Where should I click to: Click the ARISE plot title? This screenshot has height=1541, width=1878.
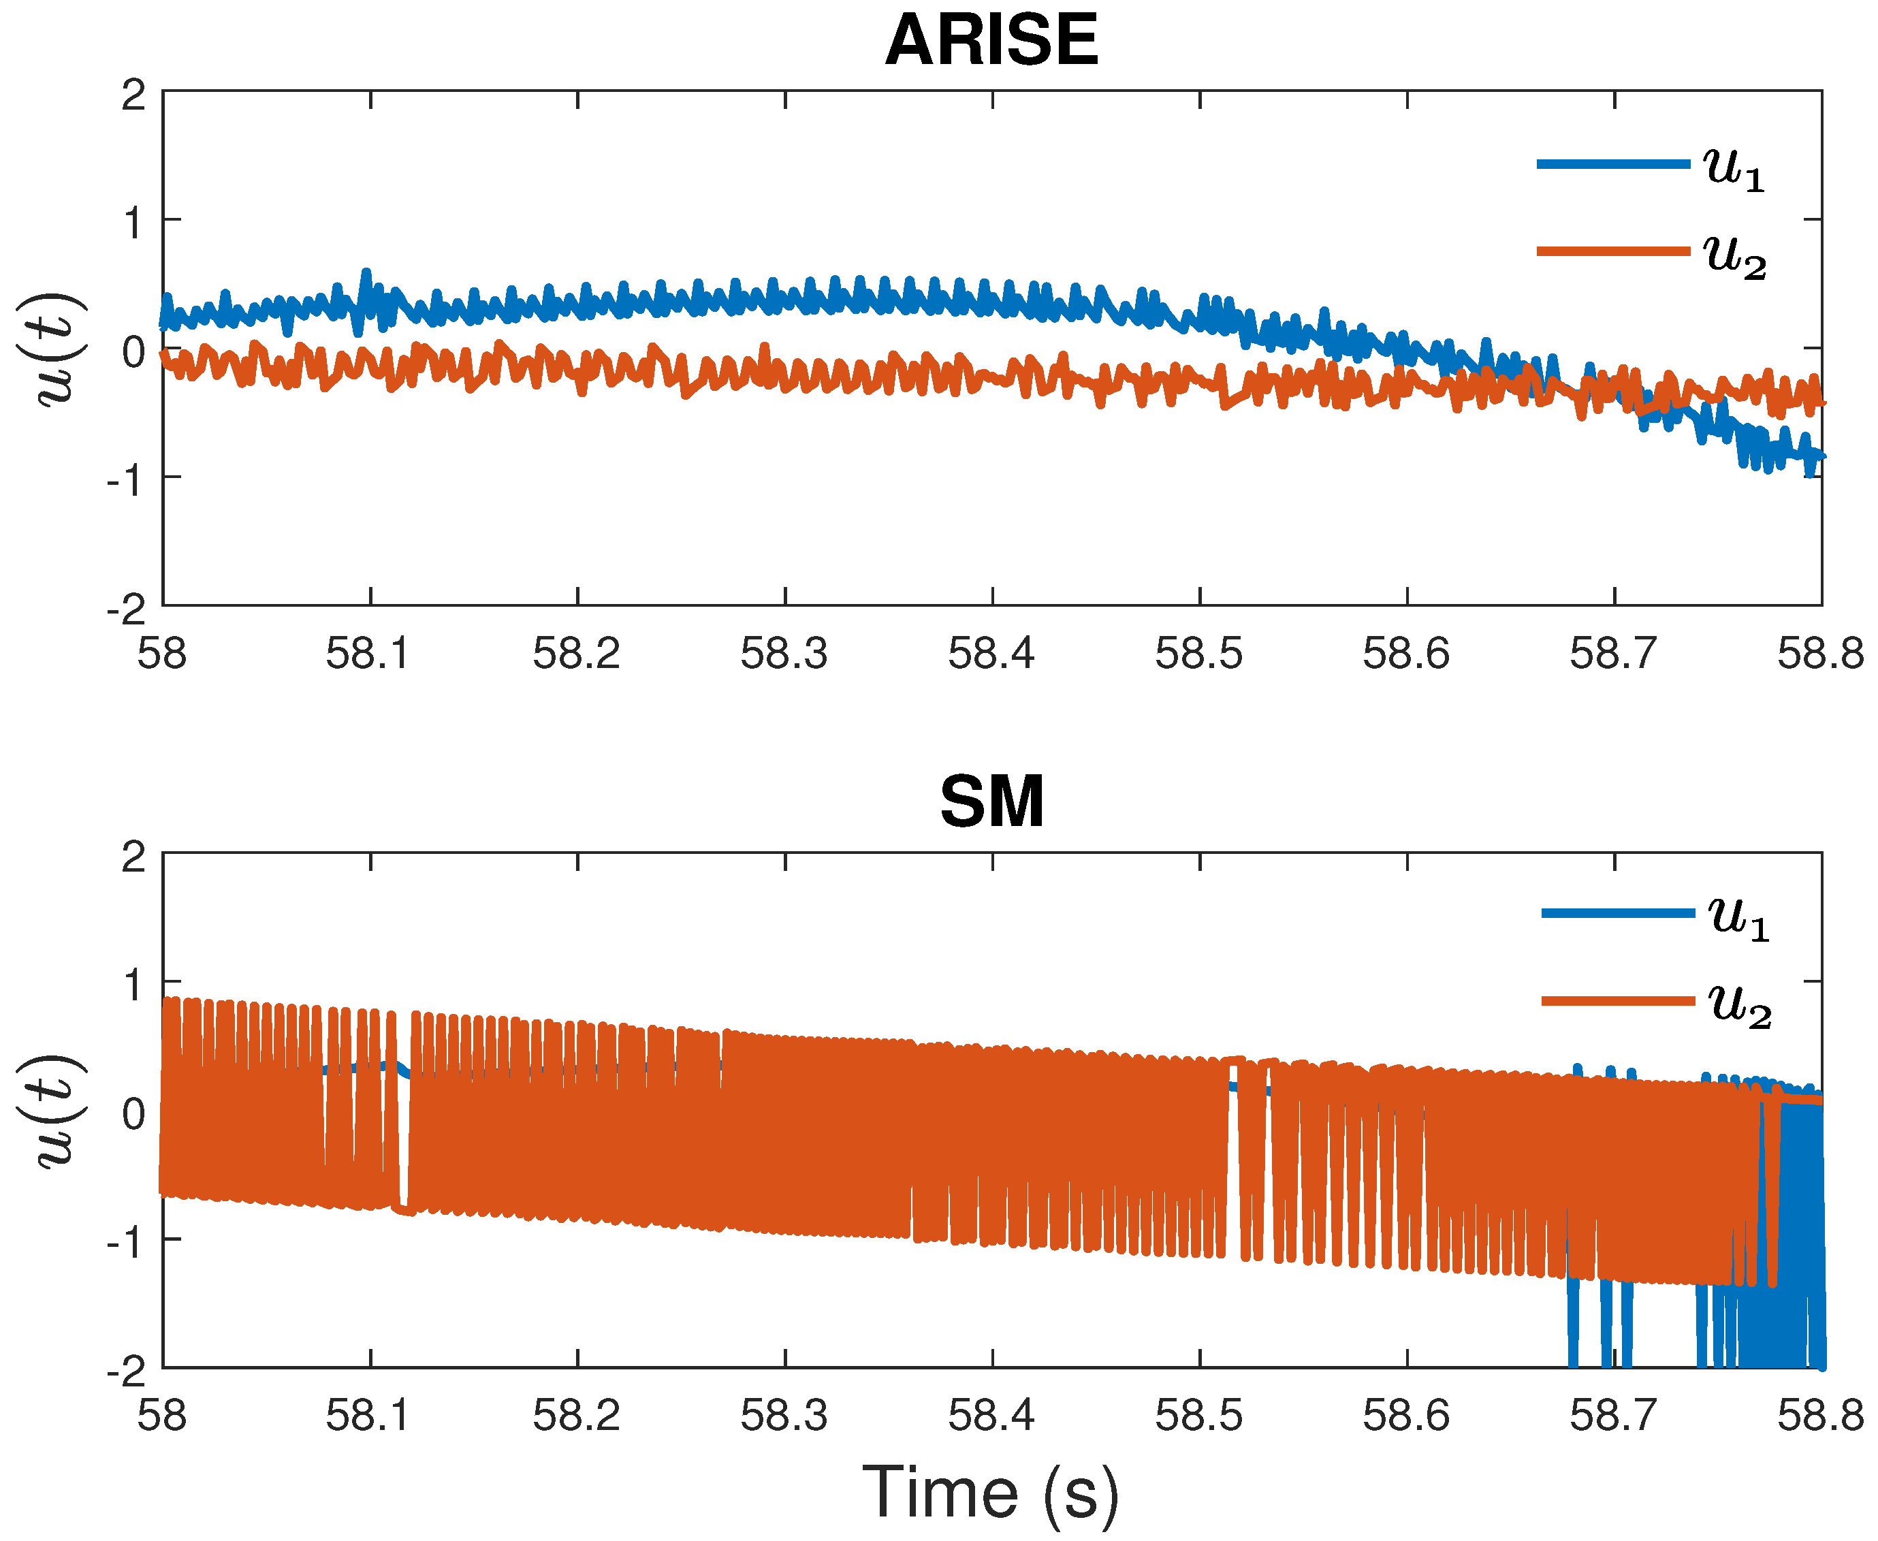point(991,42)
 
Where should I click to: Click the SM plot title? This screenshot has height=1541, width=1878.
point(991,802)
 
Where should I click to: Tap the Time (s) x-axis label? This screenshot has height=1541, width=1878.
point(991,1492)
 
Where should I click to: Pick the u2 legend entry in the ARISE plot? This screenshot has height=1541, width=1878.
point(1651,254)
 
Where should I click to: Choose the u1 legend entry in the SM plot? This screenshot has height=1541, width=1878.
point(1655,915)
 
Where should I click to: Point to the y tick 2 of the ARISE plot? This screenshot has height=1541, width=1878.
point(133,95)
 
